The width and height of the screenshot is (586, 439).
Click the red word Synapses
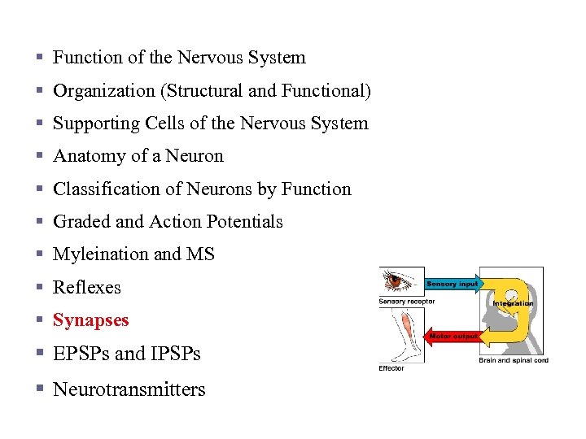(90, 320)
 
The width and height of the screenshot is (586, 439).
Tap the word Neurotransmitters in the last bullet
(129, 389)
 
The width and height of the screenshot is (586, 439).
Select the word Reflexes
(86, 288)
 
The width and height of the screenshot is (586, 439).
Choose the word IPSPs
(173, 354)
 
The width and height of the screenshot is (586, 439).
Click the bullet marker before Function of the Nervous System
(39, 59)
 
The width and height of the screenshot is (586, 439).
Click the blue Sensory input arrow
(453, 284)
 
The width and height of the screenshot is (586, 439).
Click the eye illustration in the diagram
(400, 281)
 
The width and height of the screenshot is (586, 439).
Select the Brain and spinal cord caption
(514, 360)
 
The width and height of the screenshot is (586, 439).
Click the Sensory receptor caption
(406, 302)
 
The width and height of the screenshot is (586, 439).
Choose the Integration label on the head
(513, 303)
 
